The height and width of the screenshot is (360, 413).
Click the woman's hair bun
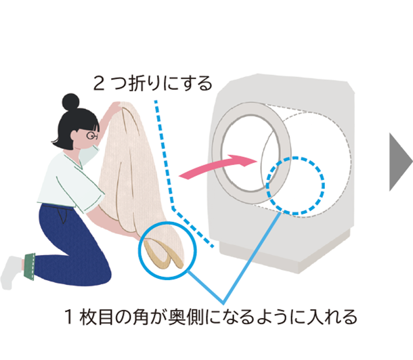70,102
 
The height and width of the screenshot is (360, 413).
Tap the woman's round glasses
92,135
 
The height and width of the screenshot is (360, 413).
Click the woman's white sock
11,273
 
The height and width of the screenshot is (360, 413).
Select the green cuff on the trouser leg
29,267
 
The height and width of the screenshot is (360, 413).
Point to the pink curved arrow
219,166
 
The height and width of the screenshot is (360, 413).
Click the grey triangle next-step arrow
401,162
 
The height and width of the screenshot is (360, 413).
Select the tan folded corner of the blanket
162,254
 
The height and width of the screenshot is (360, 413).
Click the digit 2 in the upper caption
99,84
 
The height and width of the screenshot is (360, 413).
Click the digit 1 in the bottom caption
68,317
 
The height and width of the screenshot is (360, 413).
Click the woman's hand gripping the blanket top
114,107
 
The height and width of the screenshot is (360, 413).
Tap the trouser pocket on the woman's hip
62,215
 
